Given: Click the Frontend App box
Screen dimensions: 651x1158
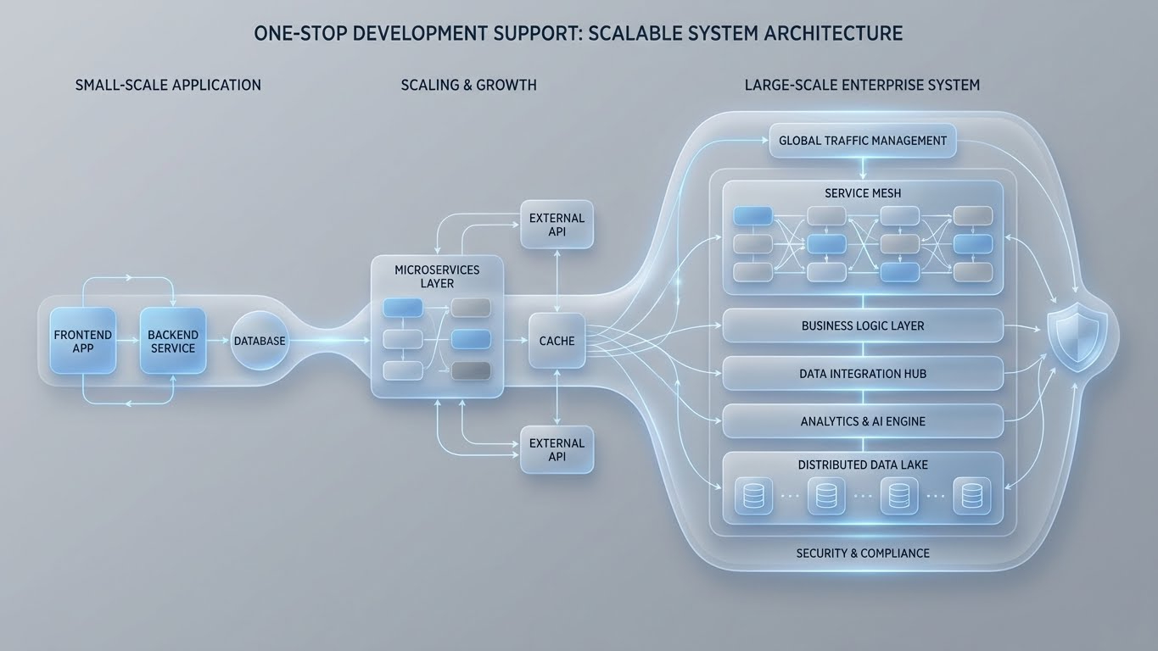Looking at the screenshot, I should click(x=83, y=342).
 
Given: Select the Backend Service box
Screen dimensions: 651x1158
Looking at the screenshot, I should click(x=173, y=342).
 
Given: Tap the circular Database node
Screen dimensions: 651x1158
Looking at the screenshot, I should click(x=260, y=341).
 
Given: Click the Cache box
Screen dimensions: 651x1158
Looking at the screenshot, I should click(x=557, y=341).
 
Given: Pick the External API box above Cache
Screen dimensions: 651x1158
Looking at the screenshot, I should click(x=557, y=225).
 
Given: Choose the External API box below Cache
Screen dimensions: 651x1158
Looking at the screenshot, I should click(x=557, y=449).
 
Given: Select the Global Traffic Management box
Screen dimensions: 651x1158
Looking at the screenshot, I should click(x=862, y=141).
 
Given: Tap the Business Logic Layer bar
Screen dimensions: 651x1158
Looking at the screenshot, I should click(x=862, y=325).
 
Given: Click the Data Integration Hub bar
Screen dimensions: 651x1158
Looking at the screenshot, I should click(x=862, y=374).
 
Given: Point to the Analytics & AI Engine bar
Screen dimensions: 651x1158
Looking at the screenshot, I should click(x=862, y=421).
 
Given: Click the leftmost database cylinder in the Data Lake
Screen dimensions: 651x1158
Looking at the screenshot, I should click(x=753, y=496).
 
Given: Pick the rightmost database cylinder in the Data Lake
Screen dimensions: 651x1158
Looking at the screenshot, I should click(x=971, y=496).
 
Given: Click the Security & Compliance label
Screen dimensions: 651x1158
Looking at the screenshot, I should click(x=862, y=554).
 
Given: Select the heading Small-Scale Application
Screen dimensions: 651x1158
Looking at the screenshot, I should click(x=168, y=85).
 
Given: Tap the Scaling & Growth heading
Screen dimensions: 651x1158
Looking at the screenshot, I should click(x=468, y=85).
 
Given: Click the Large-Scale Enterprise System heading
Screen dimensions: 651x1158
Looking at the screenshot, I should click(x=862, y=85).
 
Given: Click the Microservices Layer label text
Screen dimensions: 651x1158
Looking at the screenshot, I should click(x=437, y=276).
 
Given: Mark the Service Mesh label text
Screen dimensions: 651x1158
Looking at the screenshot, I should click(x=862, y=193).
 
